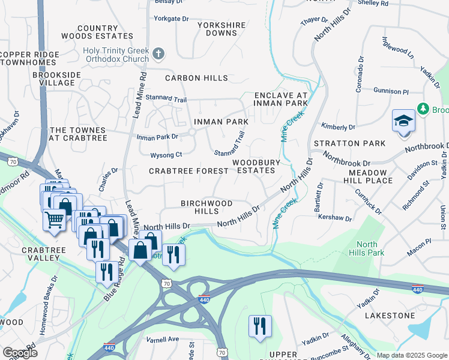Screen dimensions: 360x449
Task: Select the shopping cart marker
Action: click(54, 221)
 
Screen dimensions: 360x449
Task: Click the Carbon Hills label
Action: click(196, 78)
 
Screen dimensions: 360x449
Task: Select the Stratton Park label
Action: click(349, 143)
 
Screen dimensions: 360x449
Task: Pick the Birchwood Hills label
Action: click(207, 208)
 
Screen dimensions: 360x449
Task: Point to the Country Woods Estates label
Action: click(97, 32)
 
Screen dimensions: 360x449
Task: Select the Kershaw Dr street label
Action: click(334, 216)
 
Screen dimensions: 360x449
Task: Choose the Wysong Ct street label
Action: click(166, 155)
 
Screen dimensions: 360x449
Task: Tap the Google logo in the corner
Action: click(20, 352)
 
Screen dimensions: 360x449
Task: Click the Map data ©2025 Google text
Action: click(411, 355)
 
